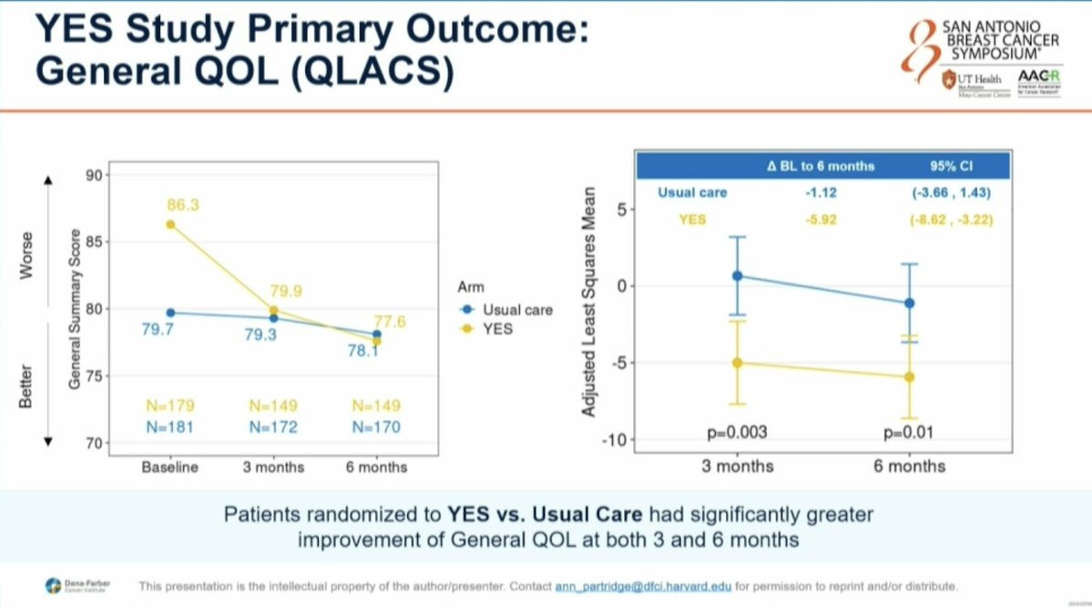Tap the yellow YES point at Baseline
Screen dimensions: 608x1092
170,224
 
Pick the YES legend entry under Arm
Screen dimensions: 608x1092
497,328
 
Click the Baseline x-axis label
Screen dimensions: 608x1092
170,467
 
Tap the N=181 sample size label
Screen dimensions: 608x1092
170,425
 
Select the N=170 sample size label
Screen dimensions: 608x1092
377,425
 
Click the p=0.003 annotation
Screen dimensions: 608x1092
738,432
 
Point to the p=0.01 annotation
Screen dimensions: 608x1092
908,432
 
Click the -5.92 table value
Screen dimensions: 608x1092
821,220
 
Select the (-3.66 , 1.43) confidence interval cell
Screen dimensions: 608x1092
951,192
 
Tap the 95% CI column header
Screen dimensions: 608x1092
950,166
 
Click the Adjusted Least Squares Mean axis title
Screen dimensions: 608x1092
589,302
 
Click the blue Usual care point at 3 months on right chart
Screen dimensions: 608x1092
738,275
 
